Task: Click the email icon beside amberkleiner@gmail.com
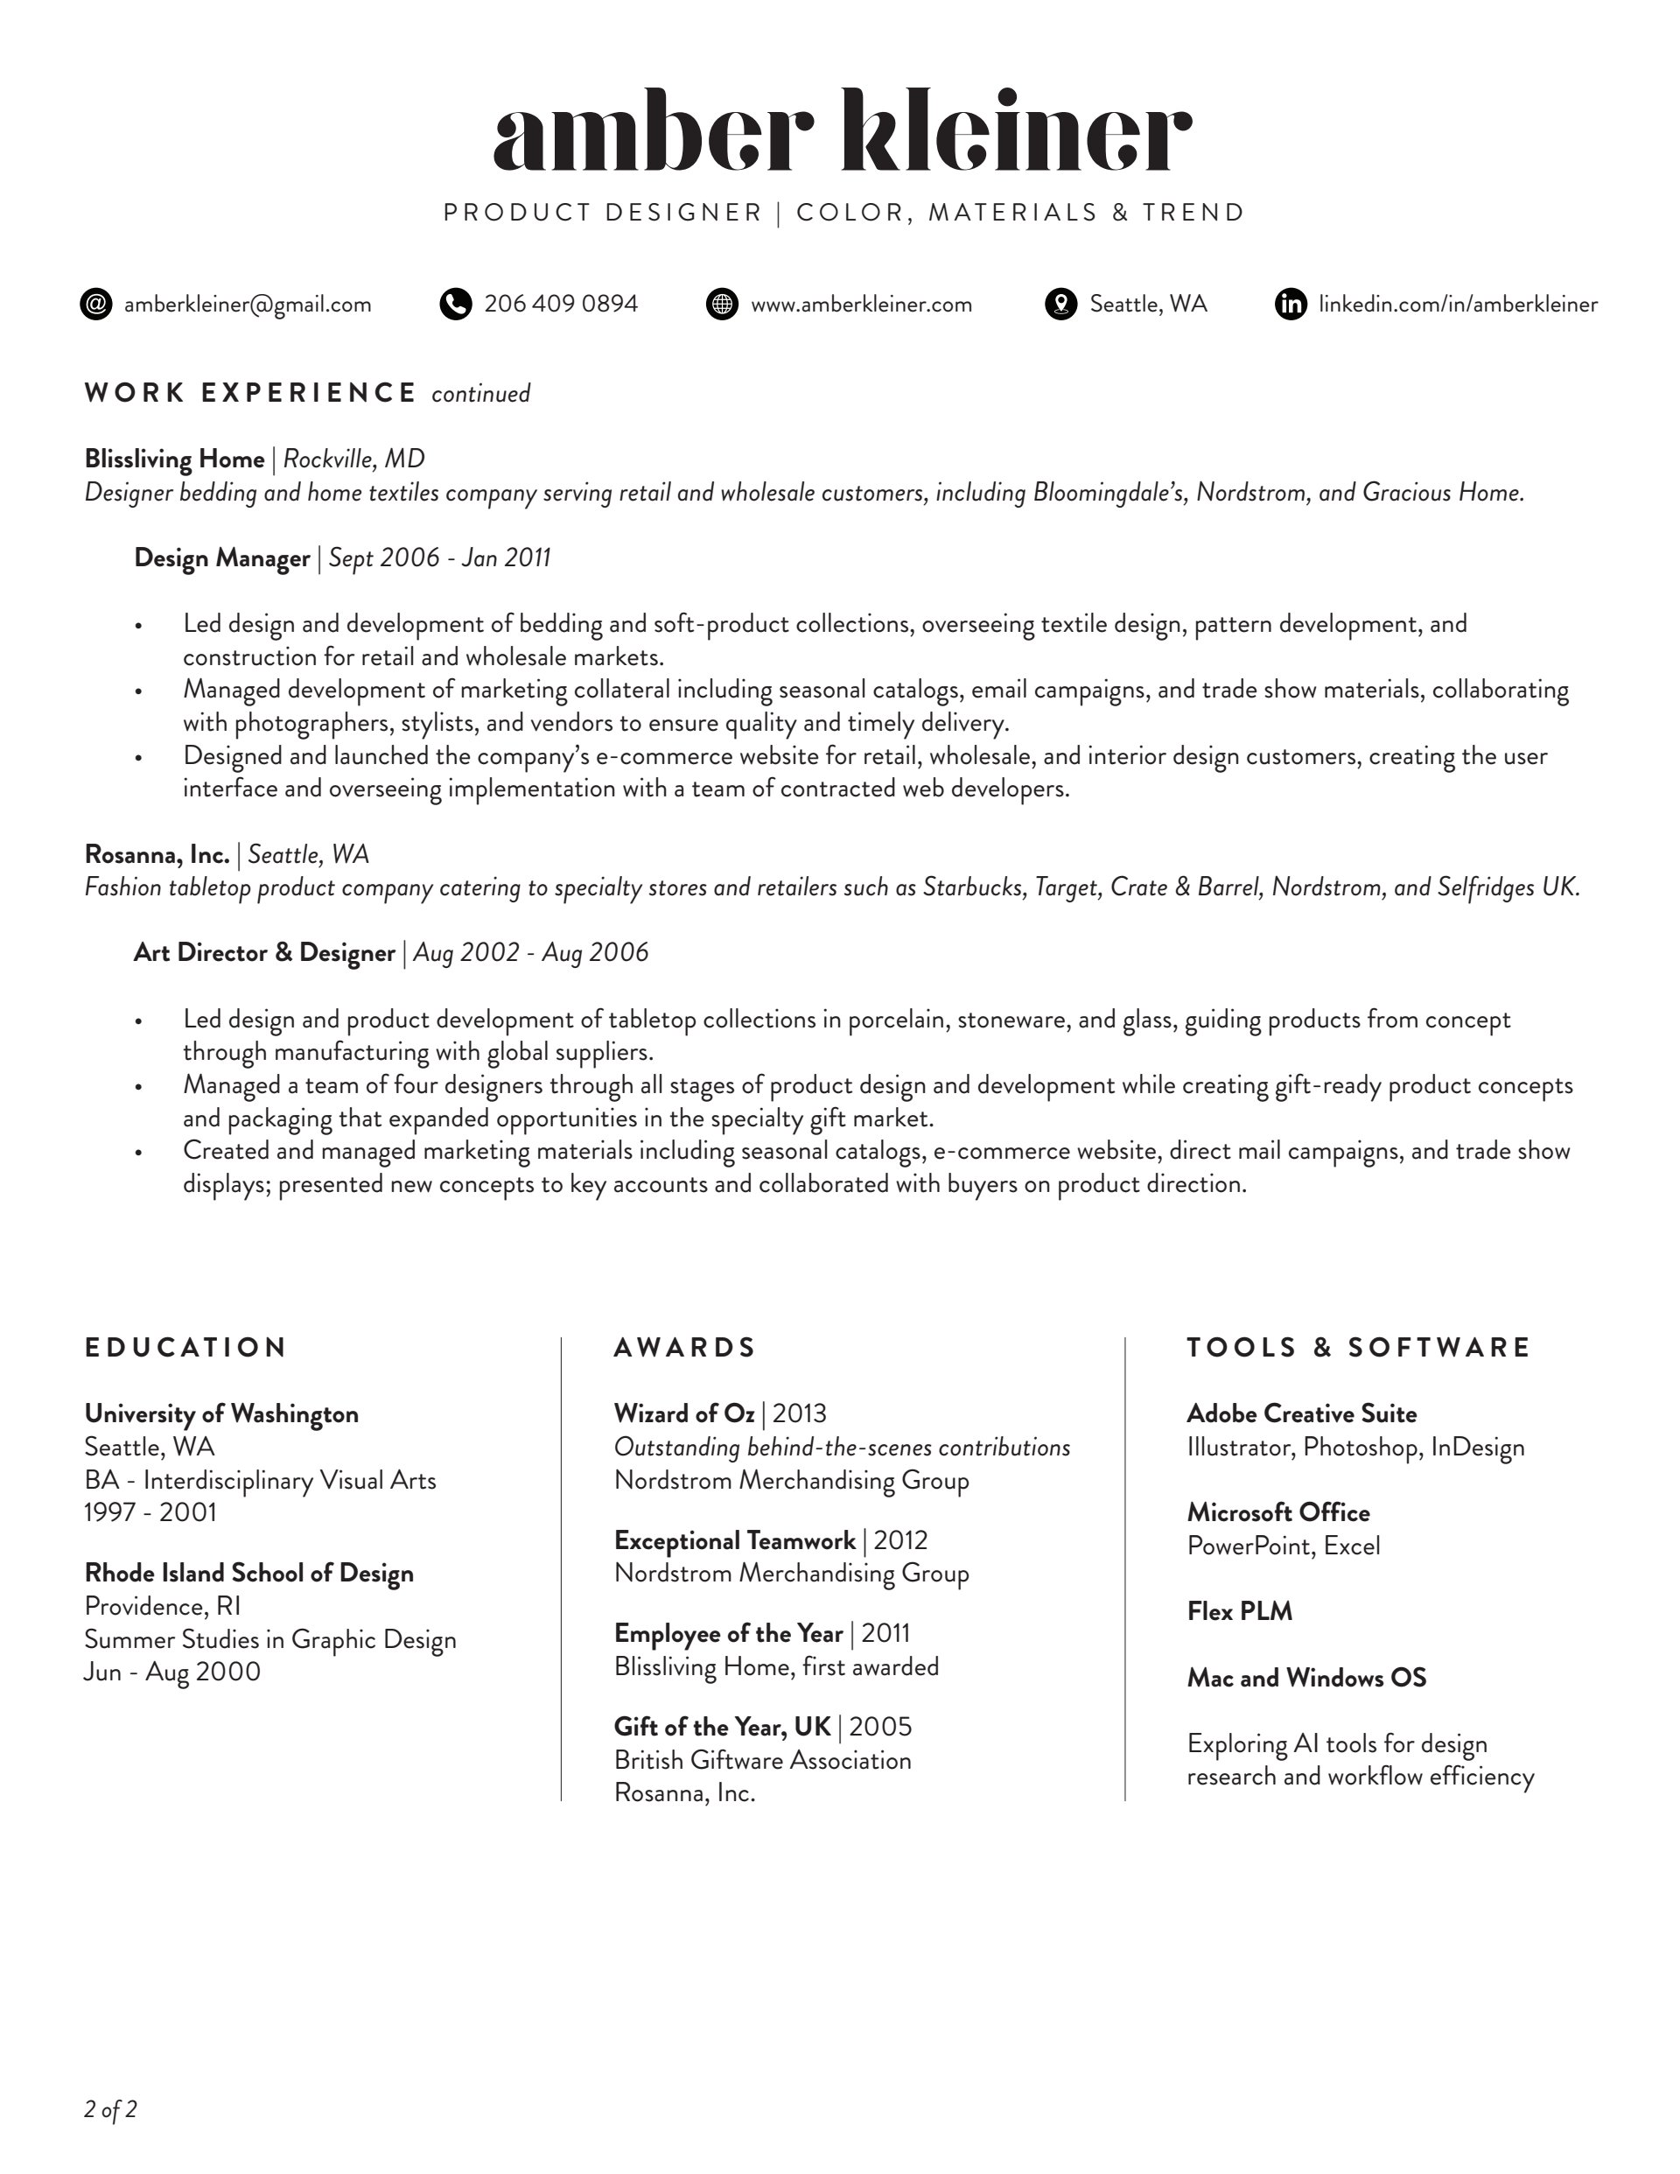tap(95, 304)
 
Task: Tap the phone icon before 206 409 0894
tap(455, 304)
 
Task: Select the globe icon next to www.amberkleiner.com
tap(722, 304)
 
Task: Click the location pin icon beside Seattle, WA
tap(1061, 304)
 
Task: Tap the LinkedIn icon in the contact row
tap(1291, 304)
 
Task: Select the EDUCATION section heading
tap(186, 1347)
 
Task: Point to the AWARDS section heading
tap(685, 1347)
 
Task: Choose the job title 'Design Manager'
tap(222, 558)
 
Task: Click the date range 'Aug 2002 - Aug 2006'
tap(530, 952)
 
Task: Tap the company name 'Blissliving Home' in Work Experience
tap(174, 459)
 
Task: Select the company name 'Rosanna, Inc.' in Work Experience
tap(157, 854)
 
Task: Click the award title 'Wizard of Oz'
tap(683, 1413)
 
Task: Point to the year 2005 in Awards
tap(881, 1726)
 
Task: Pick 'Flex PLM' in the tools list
tap(1239, 1610)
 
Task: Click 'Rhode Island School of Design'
tap(248, 1573)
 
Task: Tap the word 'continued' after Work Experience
tap(480, 394)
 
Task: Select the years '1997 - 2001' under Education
tap(150, 1512)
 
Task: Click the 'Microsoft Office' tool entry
tap(1277, 1512)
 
